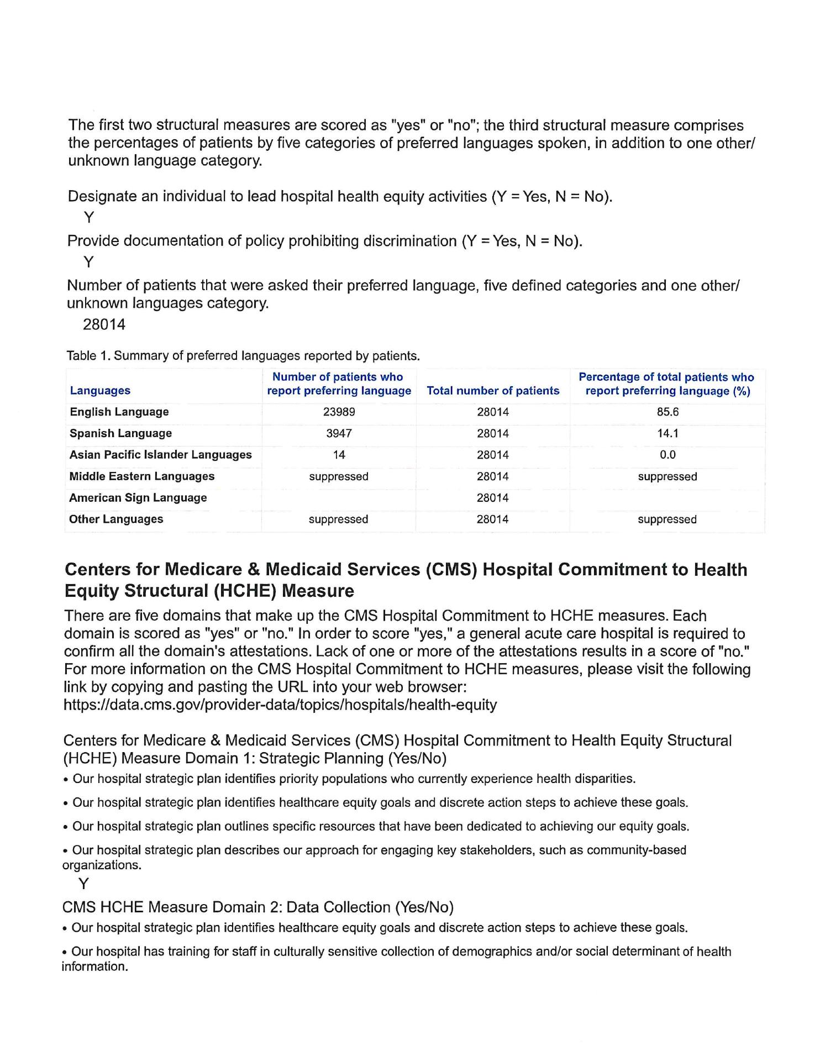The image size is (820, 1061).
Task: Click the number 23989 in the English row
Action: point(339,412)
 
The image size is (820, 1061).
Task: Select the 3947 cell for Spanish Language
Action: point(339,434)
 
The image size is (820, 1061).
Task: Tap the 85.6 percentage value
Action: point(667,412)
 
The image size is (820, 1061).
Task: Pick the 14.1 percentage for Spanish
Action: point(667,434)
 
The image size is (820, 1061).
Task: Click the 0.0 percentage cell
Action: point(667,455)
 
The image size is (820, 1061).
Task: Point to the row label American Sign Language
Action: point(138,498)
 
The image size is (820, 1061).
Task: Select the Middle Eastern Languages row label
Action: point(142,476)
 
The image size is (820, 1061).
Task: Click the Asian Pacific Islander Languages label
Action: point(161,455)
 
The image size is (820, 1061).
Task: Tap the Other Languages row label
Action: point(117,519)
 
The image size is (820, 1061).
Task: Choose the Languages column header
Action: point(100,391)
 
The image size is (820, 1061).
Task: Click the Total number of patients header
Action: point(493,391)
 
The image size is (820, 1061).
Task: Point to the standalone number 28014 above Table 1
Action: point(104,324)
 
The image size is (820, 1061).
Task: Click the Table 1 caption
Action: point(243,356)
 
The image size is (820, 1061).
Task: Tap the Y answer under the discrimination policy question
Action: point(88,262)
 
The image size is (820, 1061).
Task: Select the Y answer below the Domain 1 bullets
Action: point(83,884)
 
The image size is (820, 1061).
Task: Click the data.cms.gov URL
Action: point(280,705)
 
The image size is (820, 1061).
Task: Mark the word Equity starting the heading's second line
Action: point(92,591)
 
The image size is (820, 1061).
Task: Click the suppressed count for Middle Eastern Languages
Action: point(339,477)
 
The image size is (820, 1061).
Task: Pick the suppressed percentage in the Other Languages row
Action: point(667,519)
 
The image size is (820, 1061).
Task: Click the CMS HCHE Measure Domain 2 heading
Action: point(257,907)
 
